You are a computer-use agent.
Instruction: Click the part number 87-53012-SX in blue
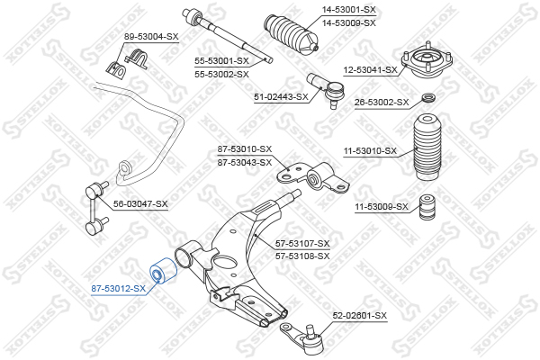coord(118,288)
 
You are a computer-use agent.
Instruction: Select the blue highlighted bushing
coord(164,272)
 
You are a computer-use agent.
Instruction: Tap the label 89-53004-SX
coord(151,36)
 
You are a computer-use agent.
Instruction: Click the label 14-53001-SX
coord(348,10)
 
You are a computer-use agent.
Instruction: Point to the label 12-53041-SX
coord(370,70)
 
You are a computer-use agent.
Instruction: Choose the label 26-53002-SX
coord(382,102)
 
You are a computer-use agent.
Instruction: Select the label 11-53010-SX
coord(370,150)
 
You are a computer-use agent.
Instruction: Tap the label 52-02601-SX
coord(360,315)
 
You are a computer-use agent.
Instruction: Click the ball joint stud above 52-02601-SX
coord(310,329)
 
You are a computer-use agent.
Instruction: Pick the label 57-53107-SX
coord(302,244)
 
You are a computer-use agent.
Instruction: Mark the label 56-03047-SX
coord(140,204)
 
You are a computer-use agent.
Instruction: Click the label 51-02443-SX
coord(281,97)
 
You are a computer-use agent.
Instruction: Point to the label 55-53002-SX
coord(221,74)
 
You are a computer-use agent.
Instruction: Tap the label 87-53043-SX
coord(245,162)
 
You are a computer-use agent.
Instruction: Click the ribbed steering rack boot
coord(292,33)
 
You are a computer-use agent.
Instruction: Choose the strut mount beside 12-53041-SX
coord(427,62)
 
